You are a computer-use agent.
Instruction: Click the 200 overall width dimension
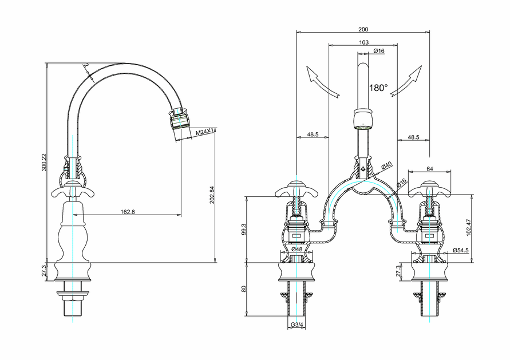click(363, 29)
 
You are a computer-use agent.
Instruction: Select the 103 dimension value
click(363, 42)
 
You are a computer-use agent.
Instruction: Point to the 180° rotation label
click(378, 88)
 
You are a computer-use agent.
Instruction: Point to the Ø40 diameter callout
click(387, 165)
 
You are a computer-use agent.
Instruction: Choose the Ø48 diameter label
click(296, 250)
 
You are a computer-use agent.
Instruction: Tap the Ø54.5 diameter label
click(461, 250)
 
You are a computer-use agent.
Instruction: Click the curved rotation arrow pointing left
click(319, 81)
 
